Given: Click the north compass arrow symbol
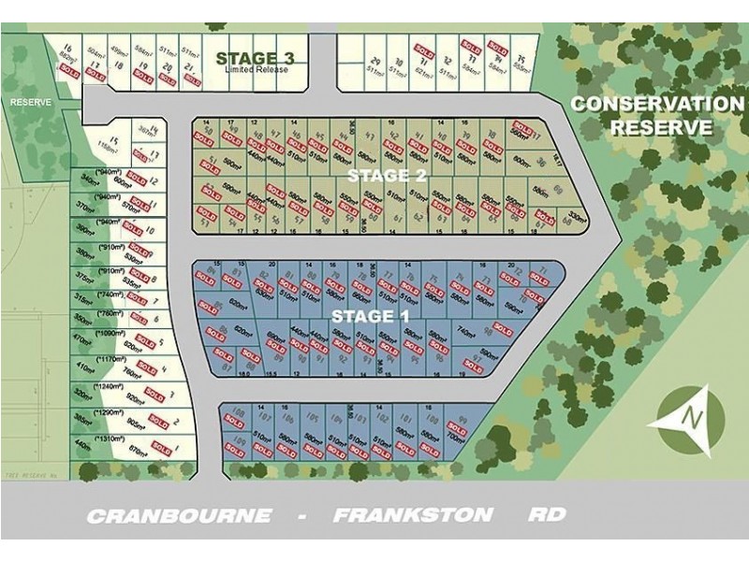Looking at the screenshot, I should point(692,419).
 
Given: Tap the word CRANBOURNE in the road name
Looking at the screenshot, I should point(179,515).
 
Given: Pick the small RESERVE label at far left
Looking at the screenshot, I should point(29,101).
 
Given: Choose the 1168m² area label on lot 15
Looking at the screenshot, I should point(112,148).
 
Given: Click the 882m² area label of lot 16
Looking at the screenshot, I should point(66,56).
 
